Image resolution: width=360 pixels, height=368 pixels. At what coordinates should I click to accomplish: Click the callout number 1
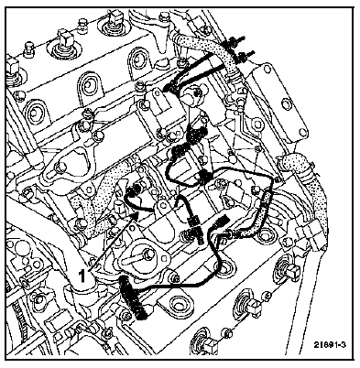(82, 276)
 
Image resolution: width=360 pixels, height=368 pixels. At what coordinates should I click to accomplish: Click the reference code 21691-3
(330, 345)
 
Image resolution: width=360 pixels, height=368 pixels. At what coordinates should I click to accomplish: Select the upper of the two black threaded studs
(236, 41)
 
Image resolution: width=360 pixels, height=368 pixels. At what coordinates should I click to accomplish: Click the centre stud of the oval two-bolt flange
(150, 254)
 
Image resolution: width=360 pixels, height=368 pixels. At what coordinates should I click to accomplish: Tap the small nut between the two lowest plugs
(226, 331)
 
